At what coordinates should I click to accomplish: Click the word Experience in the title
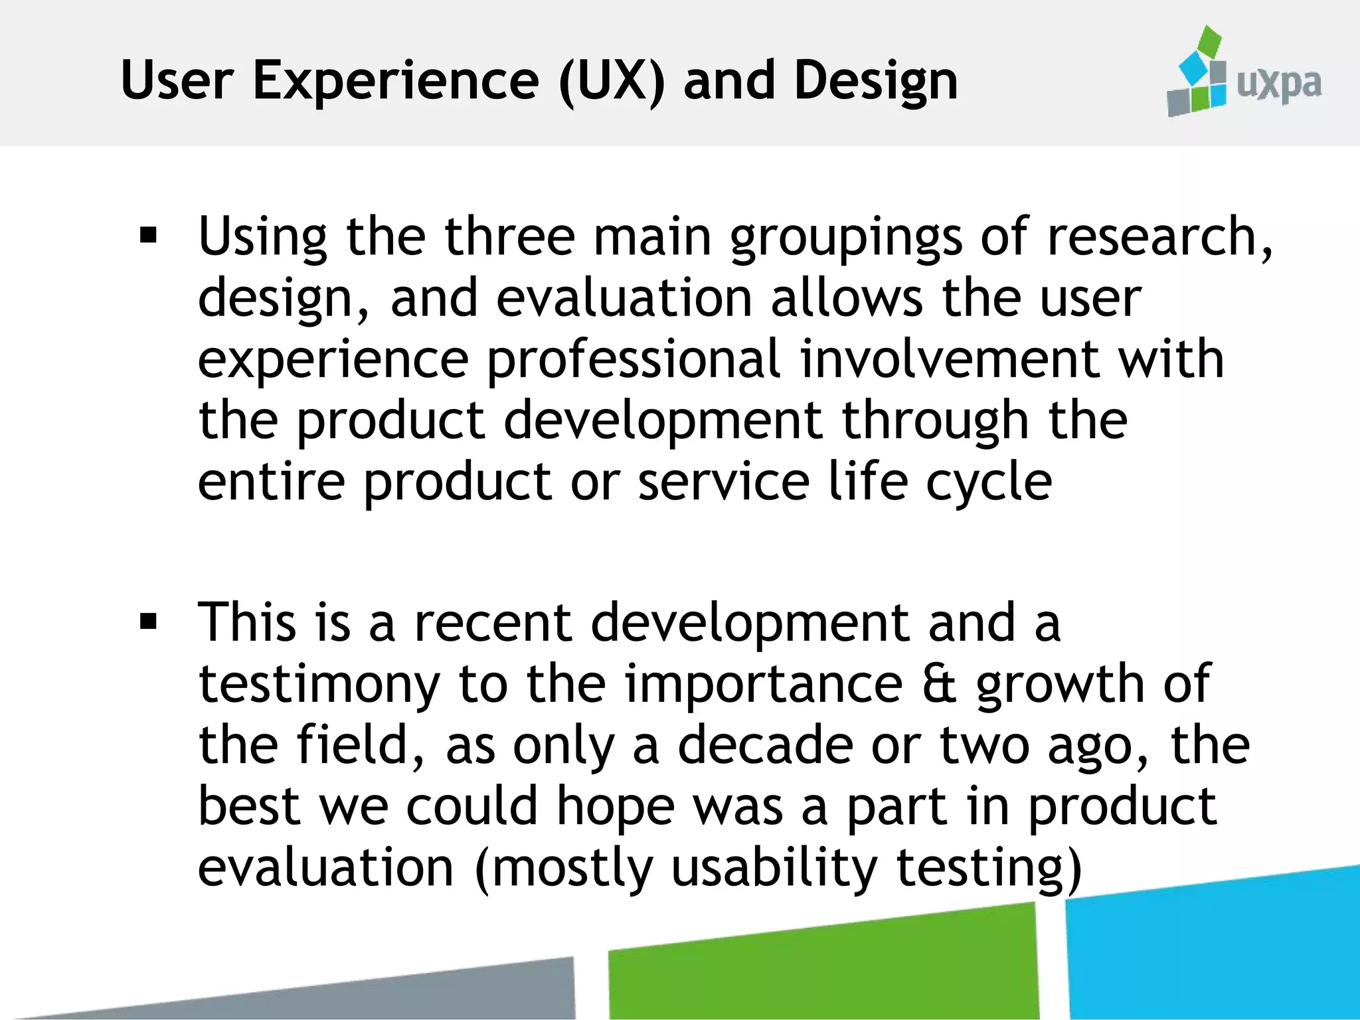tap(396, 81)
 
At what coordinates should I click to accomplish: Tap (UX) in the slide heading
tap(612, 81)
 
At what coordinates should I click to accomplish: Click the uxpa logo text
tap(1279, 85)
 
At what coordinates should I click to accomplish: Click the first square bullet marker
tap(149, 235)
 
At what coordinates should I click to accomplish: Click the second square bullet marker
tap(149, 622)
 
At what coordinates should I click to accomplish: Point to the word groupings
tap(845, 238)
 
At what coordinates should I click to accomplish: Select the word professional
tap(634, 360)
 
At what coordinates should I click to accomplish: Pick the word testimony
tap(319, 685)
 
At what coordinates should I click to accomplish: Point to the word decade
tap(765, 745)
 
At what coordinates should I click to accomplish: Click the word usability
tap(774, 869)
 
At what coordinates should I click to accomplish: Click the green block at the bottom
tap(823, 970)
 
